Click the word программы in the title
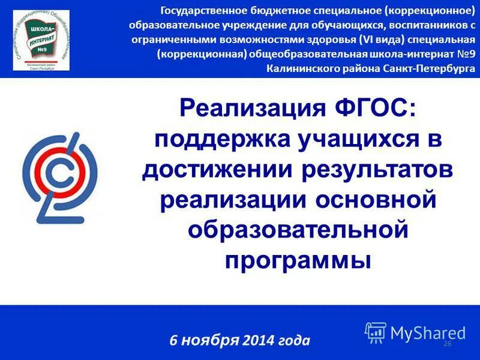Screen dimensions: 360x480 tap(298, 260)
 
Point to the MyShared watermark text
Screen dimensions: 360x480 tap(428, 332)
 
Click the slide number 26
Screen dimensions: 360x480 tap(446, 343)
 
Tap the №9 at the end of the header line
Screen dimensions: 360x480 tap(464, 54)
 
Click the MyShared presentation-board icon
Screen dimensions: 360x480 tap(375, 332)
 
